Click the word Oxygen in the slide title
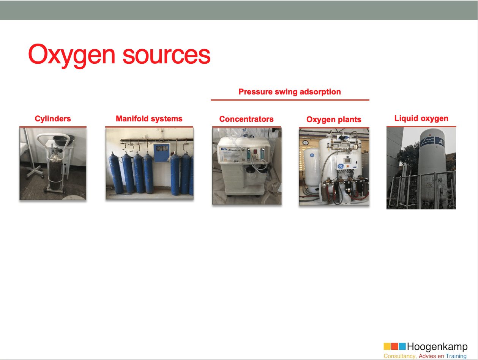coord(71,55)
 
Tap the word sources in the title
coord(167,55)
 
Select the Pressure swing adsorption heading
coord(290,92)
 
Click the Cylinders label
coord(53,119)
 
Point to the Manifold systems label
coord(149,119)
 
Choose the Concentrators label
coord(246,119)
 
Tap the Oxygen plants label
coord(334,119)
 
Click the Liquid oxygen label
coord(421,118)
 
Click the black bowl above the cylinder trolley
coord(63,140)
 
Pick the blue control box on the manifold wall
coord(162,153)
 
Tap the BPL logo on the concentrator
coord(224,149)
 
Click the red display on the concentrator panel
coord(255,151)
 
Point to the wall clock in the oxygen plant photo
coord(305,143)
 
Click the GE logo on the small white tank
coord(312,155)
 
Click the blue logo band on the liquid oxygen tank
coord(432,142)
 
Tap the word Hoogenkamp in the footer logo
coord(437,346)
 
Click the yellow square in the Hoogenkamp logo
coord(387,346)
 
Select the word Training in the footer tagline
coord(456,356)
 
